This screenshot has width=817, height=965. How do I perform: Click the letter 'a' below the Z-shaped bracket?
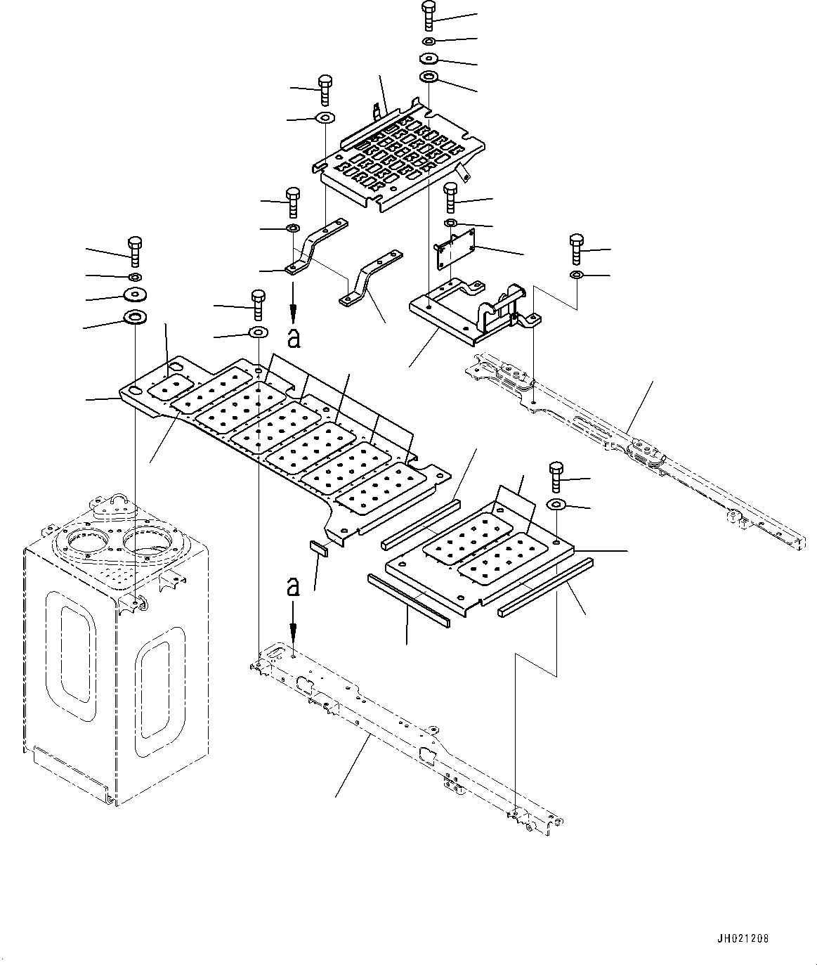[x=294, y=338]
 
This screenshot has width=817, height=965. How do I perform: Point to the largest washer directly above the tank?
[x=134, y=318]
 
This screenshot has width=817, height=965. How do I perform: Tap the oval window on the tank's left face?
[x=74, y=654]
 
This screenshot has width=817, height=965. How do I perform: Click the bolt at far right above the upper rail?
[x=576, y=249]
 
